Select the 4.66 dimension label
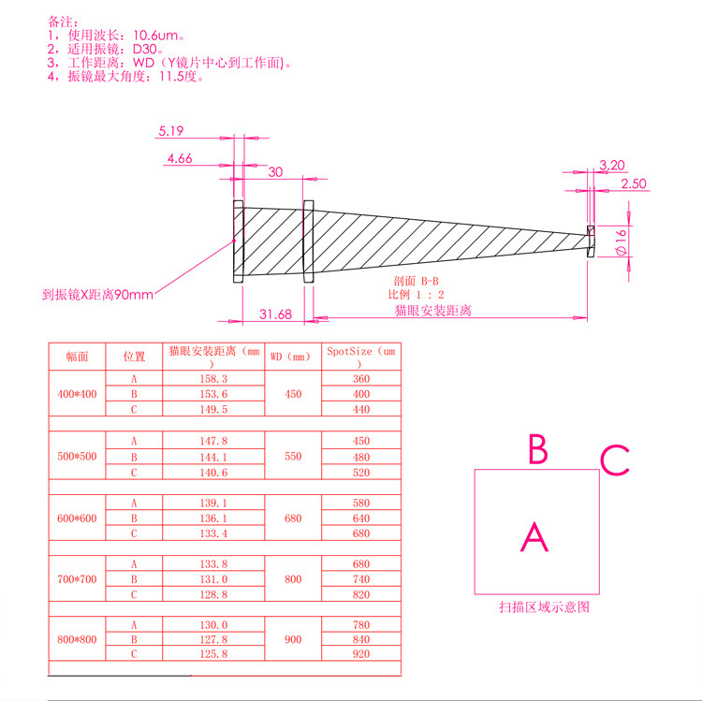pos(179,159)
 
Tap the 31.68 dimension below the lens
pos(274,314)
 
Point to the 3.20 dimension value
pos(611,165)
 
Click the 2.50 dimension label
pos(634,183)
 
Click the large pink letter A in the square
pos(534,537)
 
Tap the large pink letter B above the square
pos(537,450)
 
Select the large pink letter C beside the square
pos(615,460)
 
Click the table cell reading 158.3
pos(215,379)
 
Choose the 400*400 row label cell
pos(78,394)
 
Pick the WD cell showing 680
pos(293,518)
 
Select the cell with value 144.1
pos(215,457)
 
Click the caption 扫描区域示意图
pos(544,607)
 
